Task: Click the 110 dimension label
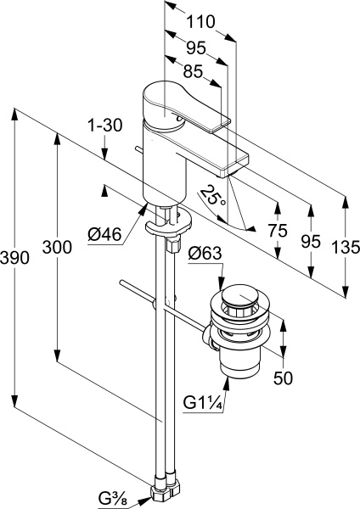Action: (200, 22)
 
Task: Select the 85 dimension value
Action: (193, 71)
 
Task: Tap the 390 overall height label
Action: (14, 258)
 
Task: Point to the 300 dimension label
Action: (57, 248)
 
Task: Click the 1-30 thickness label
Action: (105, 125)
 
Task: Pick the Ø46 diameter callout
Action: (104, 234)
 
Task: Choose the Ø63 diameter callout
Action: (205, 254)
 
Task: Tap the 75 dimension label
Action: (278, 231)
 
